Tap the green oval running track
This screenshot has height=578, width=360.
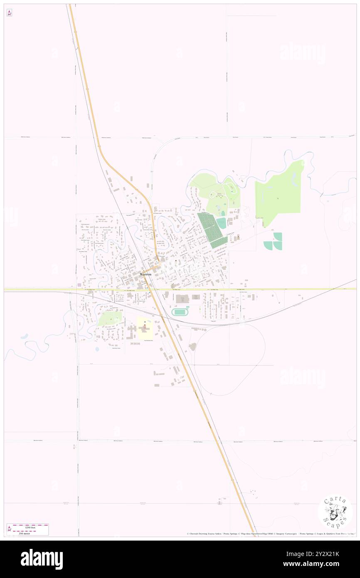[x=180, y=312]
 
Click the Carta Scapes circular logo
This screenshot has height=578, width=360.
[x=335, y=511]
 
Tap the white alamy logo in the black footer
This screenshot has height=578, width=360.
[x=42, y=559]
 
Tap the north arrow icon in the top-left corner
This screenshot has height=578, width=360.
[x=9, y=13]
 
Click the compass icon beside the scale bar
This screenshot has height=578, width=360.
[x=10, y=529]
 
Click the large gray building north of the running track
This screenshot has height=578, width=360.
[x=182, y=299]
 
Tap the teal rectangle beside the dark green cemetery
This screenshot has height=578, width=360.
[x=221, y=223]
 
